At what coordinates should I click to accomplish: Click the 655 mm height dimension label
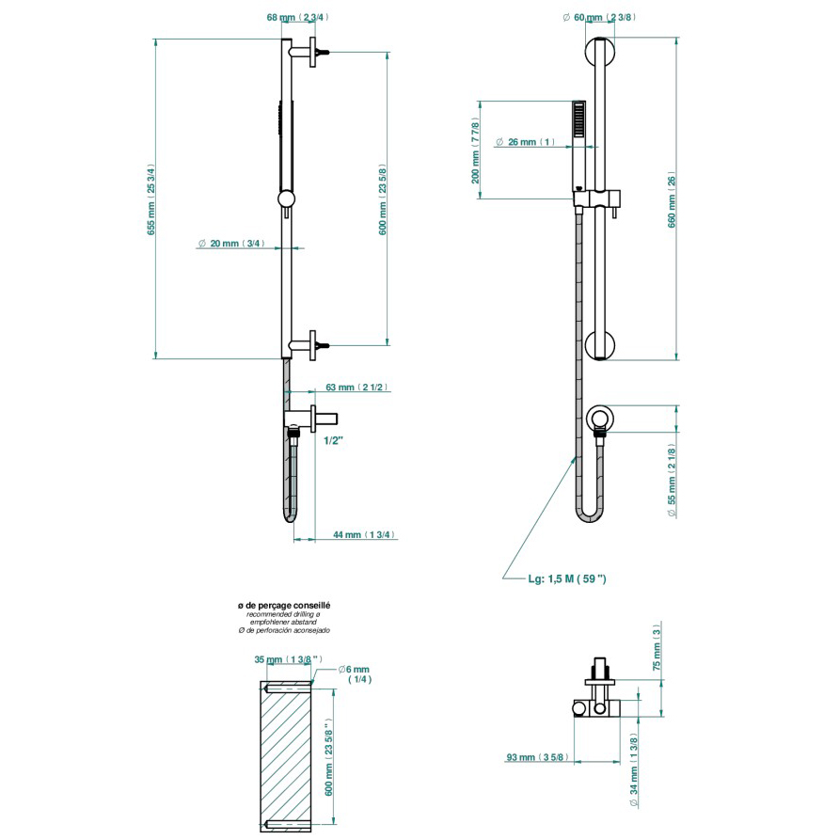150,198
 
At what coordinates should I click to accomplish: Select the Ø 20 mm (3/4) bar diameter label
231,244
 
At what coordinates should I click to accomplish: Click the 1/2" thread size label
332,439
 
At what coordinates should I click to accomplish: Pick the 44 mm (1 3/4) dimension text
363,534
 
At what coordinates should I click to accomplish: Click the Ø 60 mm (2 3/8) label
599,17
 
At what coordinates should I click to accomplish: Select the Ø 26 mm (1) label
530,142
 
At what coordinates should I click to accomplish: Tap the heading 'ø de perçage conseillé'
284,607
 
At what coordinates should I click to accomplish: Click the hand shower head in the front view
578,123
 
